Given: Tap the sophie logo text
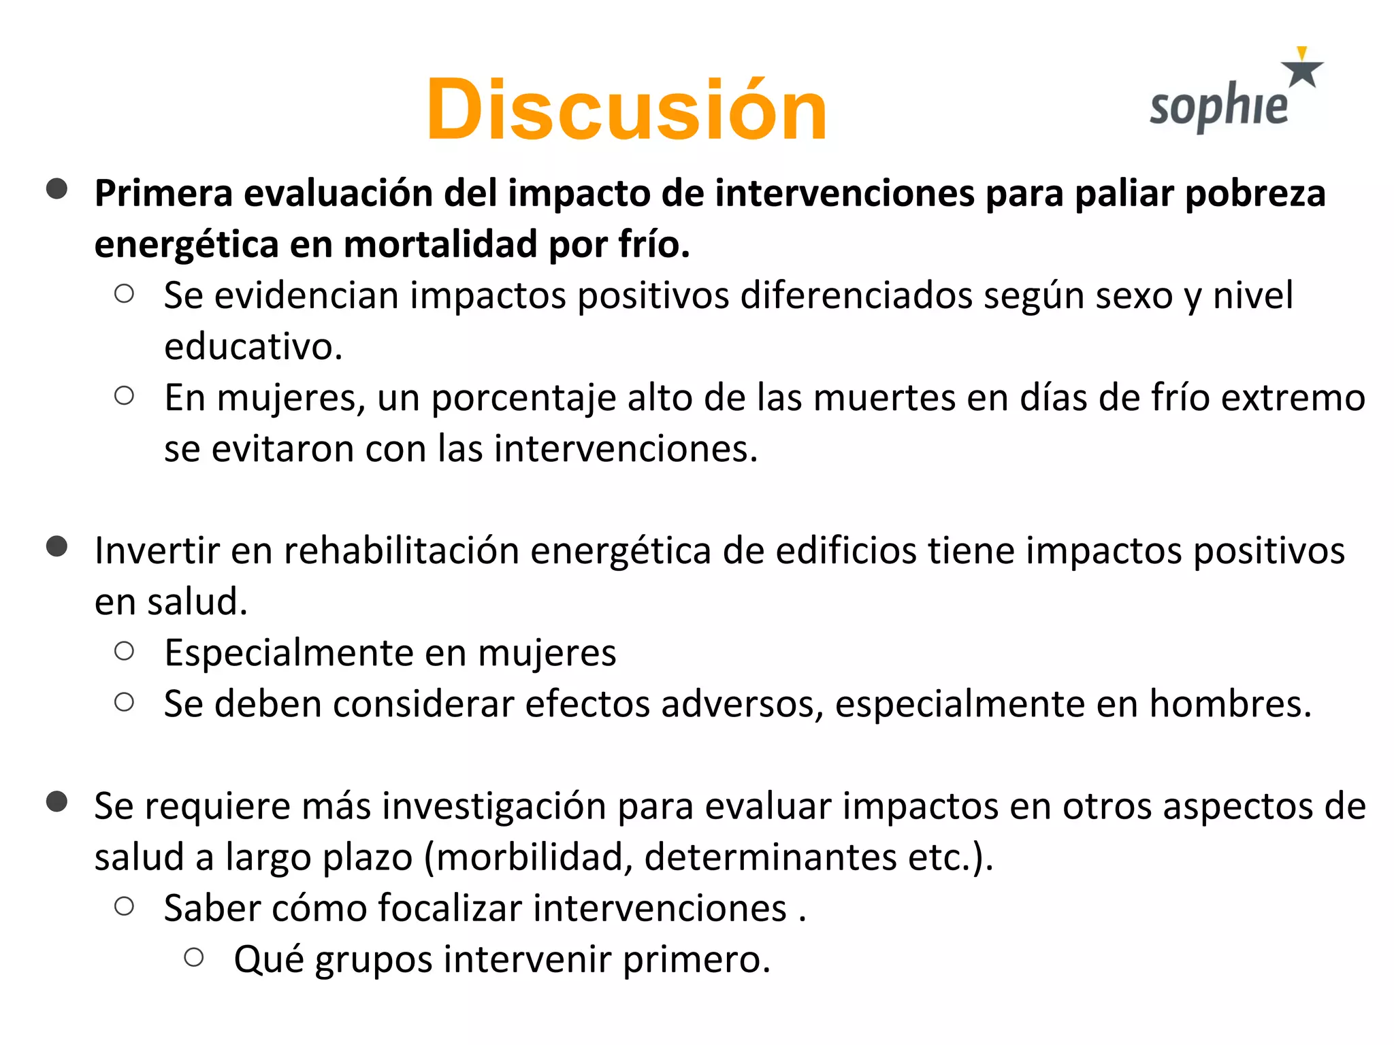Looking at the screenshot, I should click(1218, 107).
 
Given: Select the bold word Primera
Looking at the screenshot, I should click(163, 193).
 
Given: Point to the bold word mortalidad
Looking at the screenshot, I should click(440, 244).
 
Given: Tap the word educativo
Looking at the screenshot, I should click(253, 347).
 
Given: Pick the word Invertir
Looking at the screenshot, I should click(157, 550).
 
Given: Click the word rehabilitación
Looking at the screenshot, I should click(402, 550).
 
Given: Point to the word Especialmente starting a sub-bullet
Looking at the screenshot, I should click(289, 653).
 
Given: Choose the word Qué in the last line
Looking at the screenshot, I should click(268, 959).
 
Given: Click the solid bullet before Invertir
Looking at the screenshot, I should click(57, 546).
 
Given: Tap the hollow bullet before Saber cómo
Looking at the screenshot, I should click(124, 906).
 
